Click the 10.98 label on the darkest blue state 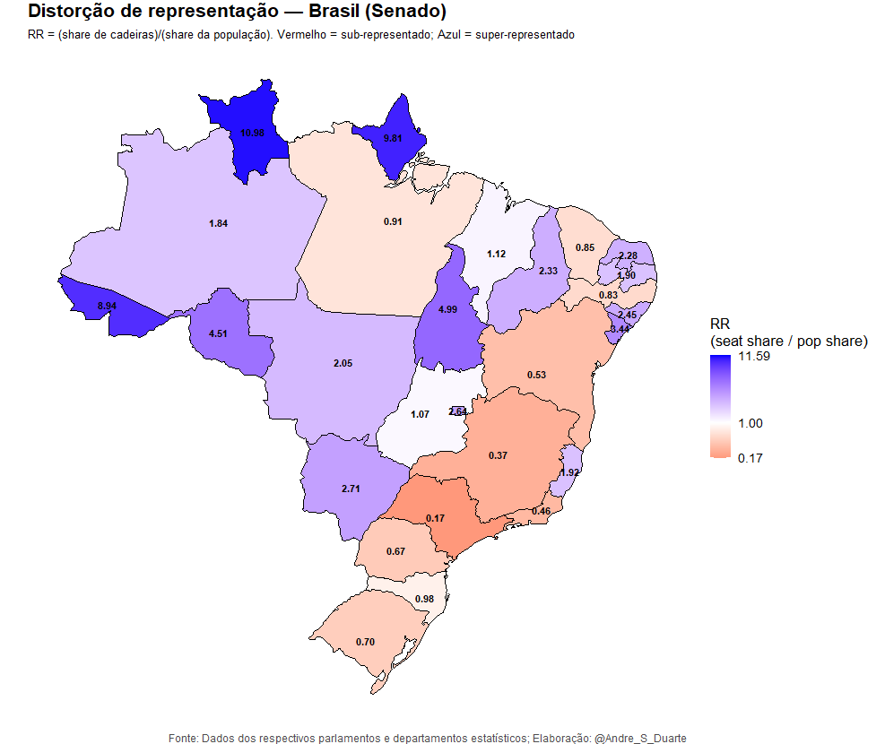pyautogui.click(x=252, y=133)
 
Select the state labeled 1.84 pyautogui.click(x=218, y=223)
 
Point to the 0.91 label pyautogui.click(x=393, y=221)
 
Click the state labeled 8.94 pyautogui.click(x=106, y=307)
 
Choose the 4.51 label pyautogui.click(x=218, y=334)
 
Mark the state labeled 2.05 pyautogui.click(x=343, y=363)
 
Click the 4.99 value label pyautogui.click(x=447, y=309)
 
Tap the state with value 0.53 pyautogui.click(x=537, y=374)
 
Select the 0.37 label pyautogui.click(x=498, y=456)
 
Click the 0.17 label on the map pyautogui.click(x=436, y=519)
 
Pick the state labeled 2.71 pyautogui.click(x=351, y=489)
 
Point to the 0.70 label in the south pyautogui.click(x=365, y=642)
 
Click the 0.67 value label pyautogui.click(x=396, y=551)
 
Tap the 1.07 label pyautogui.click(x=420, y=415)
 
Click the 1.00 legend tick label pyautogui.click(x=750, y=423)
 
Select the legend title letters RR pyautogui.click(x=719, y=324)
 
